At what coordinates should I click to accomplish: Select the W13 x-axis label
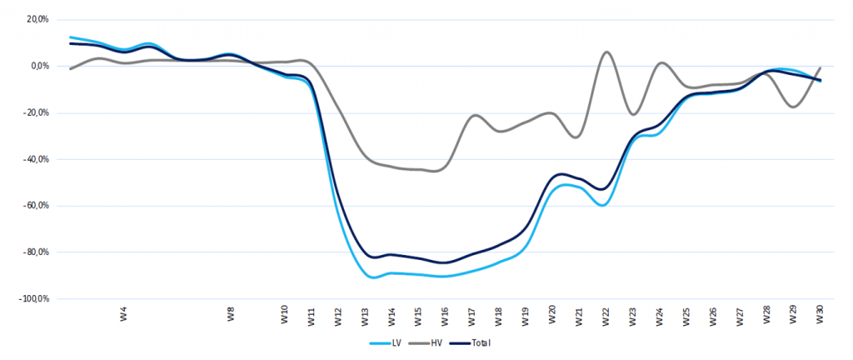(x=365, y=317)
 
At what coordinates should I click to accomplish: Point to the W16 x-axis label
(x=445, y=317)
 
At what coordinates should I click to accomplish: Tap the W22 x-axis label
(x=606, y=317)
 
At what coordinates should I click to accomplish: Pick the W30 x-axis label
(x=820, y=317)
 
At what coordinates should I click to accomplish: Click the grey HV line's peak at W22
(x=606, y=52)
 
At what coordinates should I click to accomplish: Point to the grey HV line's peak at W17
(x=475, y=115)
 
